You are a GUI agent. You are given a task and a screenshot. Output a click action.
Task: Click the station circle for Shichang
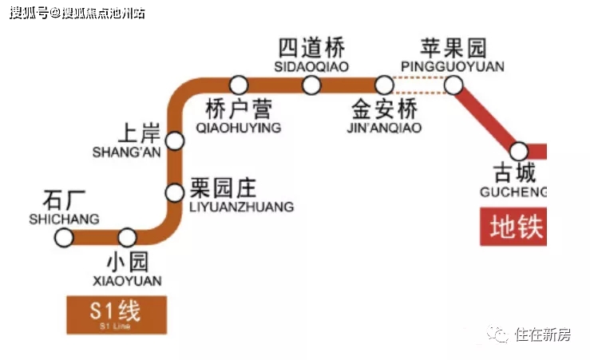[64, 238]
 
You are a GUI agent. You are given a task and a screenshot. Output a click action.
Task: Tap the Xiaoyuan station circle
[127, 238]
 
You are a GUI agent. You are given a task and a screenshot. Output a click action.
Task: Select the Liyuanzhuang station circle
[175, 193]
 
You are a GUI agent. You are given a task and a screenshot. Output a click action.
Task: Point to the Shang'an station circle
[175, 141]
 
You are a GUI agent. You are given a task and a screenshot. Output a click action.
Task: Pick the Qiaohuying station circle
[239, 85]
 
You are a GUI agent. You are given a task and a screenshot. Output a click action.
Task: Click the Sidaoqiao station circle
[311, 85]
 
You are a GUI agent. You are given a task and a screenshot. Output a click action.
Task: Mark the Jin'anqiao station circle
[384, 85]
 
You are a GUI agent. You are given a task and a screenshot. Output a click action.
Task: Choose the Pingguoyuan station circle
[453, 85]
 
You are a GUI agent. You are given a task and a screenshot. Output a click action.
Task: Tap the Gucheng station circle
[519, 151]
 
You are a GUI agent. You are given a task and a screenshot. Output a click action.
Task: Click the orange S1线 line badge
[117, 315]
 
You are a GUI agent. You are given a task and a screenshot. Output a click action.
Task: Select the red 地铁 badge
[513, 227]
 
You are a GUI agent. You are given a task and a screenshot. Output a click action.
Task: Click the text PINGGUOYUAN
[453, 66]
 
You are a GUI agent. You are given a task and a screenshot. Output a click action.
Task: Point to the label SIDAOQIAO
[311, 66]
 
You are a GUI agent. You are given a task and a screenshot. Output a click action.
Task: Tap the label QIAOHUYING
[239, 128]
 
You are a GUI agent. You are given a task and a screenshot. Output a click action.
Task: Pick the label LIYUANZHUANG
[241, 207]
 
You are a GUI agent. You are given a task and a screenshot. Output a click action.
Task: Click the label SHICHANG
[65, 220]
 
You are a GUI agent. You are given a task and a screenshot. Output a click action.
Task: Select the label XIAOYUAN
[127, 281]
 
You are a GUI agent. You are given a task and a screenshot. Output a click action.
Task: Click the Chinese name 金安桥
[384, 109]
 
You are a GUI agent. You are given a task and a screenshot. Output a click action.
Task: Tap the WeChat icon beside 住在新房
[498, 334]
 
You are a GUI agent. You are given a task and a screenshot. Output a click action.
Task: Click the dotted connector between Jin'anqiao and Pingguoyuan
[419, 85]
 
